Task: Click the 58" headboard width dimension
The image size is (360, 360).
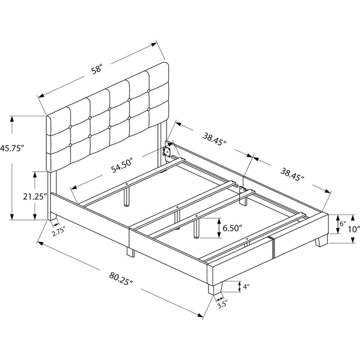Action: (x=97, y=69)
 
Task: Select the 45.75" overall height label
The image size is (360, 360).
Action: (x=11, y=148)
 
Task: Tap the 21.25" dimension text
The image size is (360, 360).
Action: (x=35, y=196)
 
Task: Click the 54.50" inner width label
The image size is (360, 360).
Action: (x=122, y=165)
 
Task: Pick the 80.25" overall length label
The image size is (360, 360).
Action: (x=121, y=279)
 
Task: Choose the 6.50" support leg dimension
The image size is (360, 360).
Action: (x=232, y=228)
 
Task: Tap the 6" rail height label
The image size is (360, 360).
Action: (x=343, y=224)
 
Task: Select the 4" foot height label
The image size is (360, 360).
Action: (x=246, y=286)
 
